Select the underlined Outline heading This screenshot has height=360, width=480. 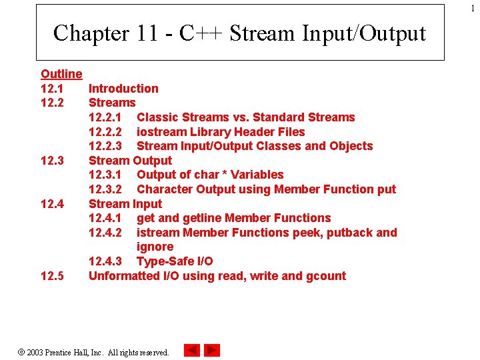click(x=61, y=74)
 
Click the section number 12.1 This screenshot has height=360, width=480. click(x=52, y=89)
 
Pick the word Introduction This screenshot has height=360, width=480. click(x=123, y=89)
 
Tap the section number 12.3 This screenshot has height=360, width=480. click(x=52, y=161)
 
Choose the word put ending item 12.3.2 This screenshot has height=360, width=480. click(x=386, y=189)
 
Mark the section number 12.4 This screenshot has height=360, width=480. click(x=52, y=204)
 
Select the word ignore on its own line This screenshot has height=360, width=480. click(x=155, y=247)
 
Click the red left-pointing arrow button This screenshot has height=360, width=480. click(x=191, y=350)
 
